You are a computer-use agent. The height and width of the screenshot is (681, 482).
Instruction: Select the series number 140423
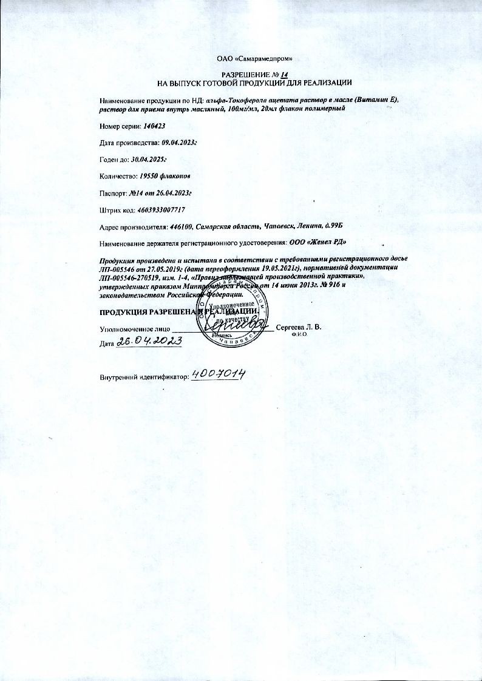pyautogui.click(x=155, y=125)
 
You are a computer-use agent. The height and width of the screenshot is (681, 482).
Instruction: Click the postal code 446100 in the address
pyautogui.click(x=181, y=227)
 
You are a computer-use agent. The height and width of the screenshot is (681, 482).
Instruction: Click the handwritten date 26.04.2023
pyautogui.click(x=149, y=342)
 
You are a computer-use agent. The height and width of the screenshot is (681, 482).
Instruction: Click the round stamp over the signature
pyautogui.click(x=234, y=317)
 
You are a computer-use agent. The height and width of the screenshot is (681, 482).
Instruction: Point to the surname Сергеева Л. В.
pyautogui.click(x=299, y=327)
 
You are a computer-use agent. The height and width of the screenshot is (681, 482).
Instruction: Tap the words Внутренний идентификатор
pyautogui.click(x=144, y=377)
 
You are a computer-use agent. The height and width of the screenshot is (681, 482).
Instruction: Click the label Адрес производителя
pyautogui.click(x=134, y=227)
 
